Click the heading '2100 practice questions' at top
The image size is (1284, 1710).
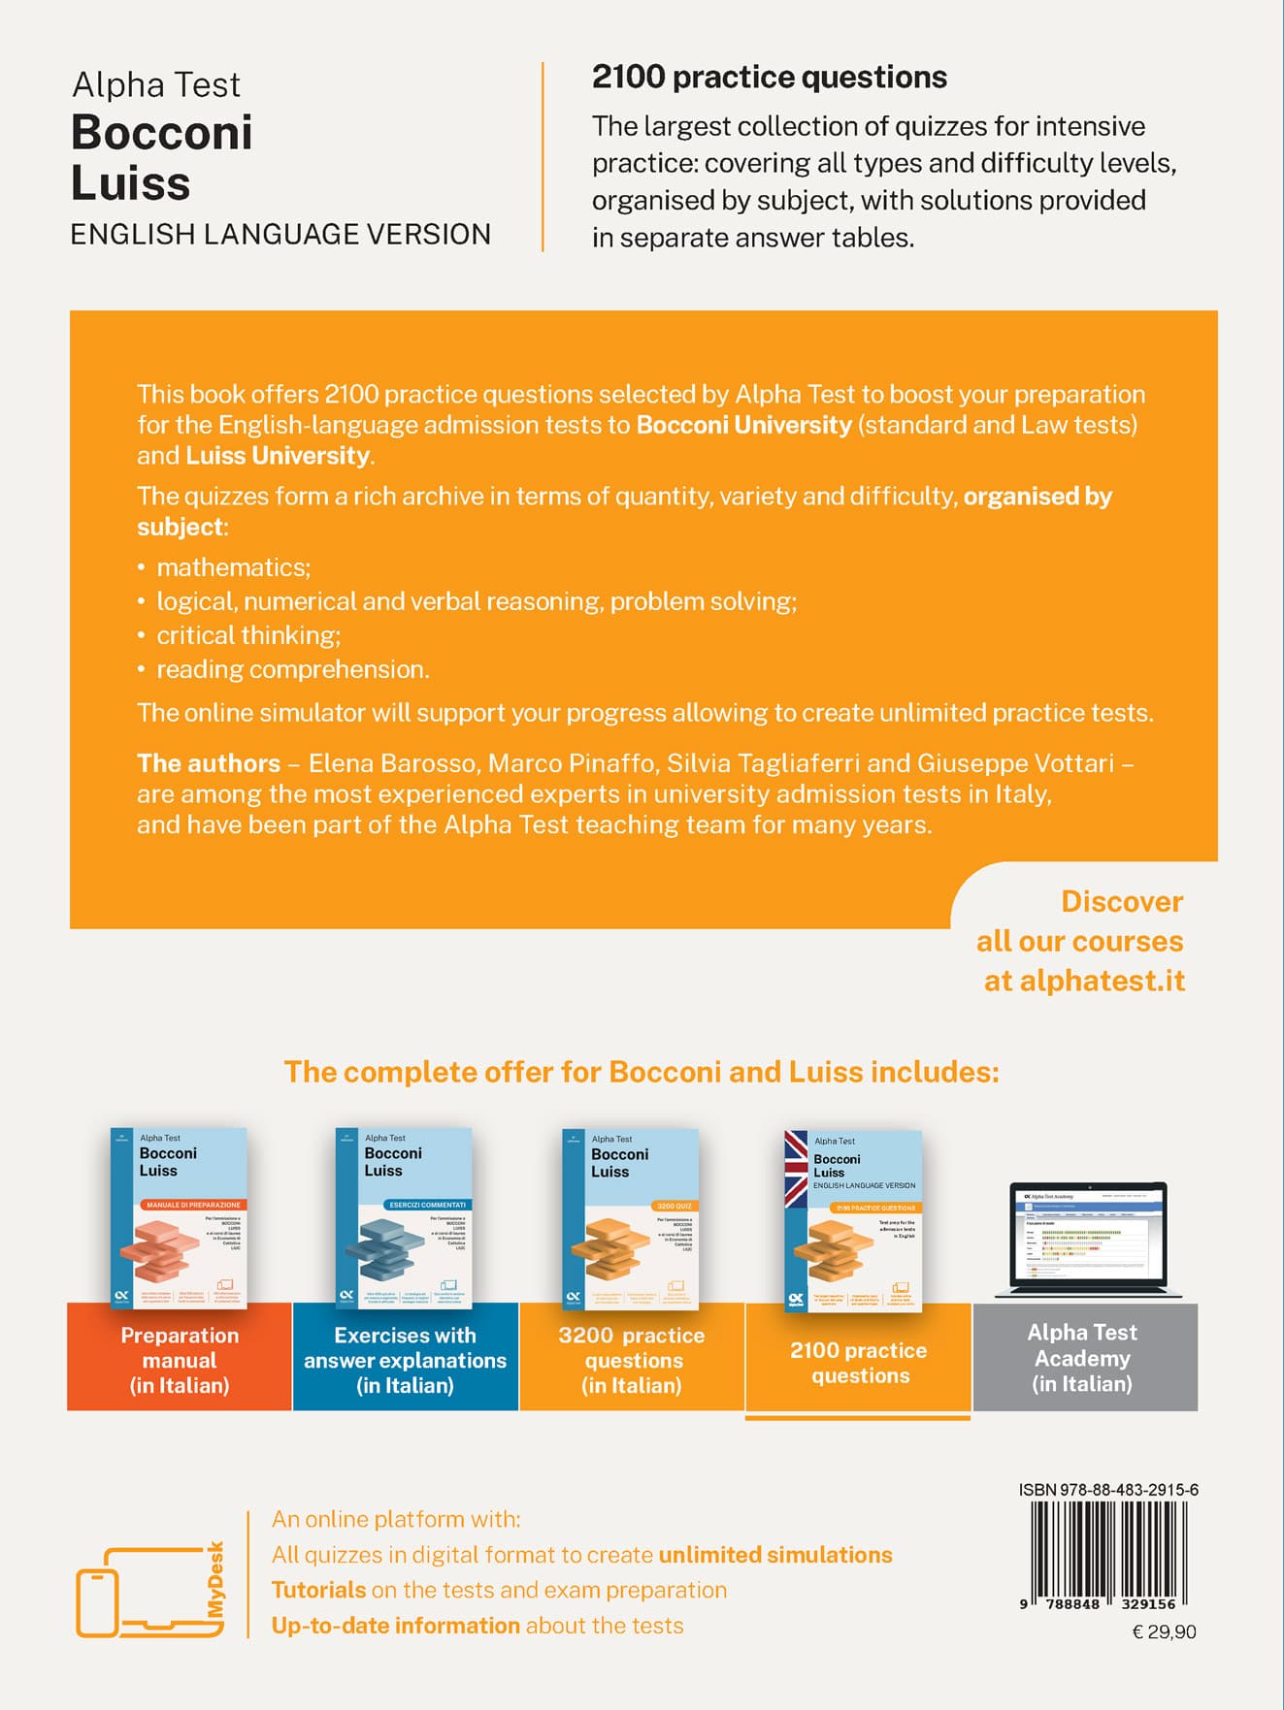[769, 78]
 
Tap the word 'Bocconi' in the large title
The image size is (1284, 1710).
[162, 133]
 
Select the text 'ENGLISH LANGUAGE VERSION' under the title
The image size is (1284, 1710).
[280, 235]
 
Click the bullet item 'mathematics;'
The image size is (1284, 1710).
[233, 567]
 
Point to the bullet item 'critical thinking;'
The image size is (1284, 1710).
[248, 635]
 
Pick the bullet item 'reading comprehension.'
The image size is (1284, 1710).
[293, 669]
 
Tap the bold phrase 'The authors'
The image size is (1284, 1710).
[209, 763]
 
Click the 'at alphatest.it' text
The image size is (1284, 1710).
[1084, 981]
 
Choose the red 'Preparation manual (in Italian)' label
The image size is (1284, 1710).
[180, 1360]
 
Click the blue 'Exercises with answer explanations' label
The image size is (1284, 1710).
[405, 1360]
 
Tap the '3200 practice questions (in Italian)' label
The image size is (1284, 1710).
[632, 1360]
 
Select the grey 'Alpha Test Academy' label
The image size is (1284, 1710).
[1083, 1358]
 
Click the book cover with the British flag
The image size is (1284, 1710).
[854, 1219]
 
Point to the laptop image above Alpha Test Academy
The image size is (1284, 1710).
[1088, 1240]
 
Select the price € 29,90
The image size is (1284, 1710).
[1164, 1632]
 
